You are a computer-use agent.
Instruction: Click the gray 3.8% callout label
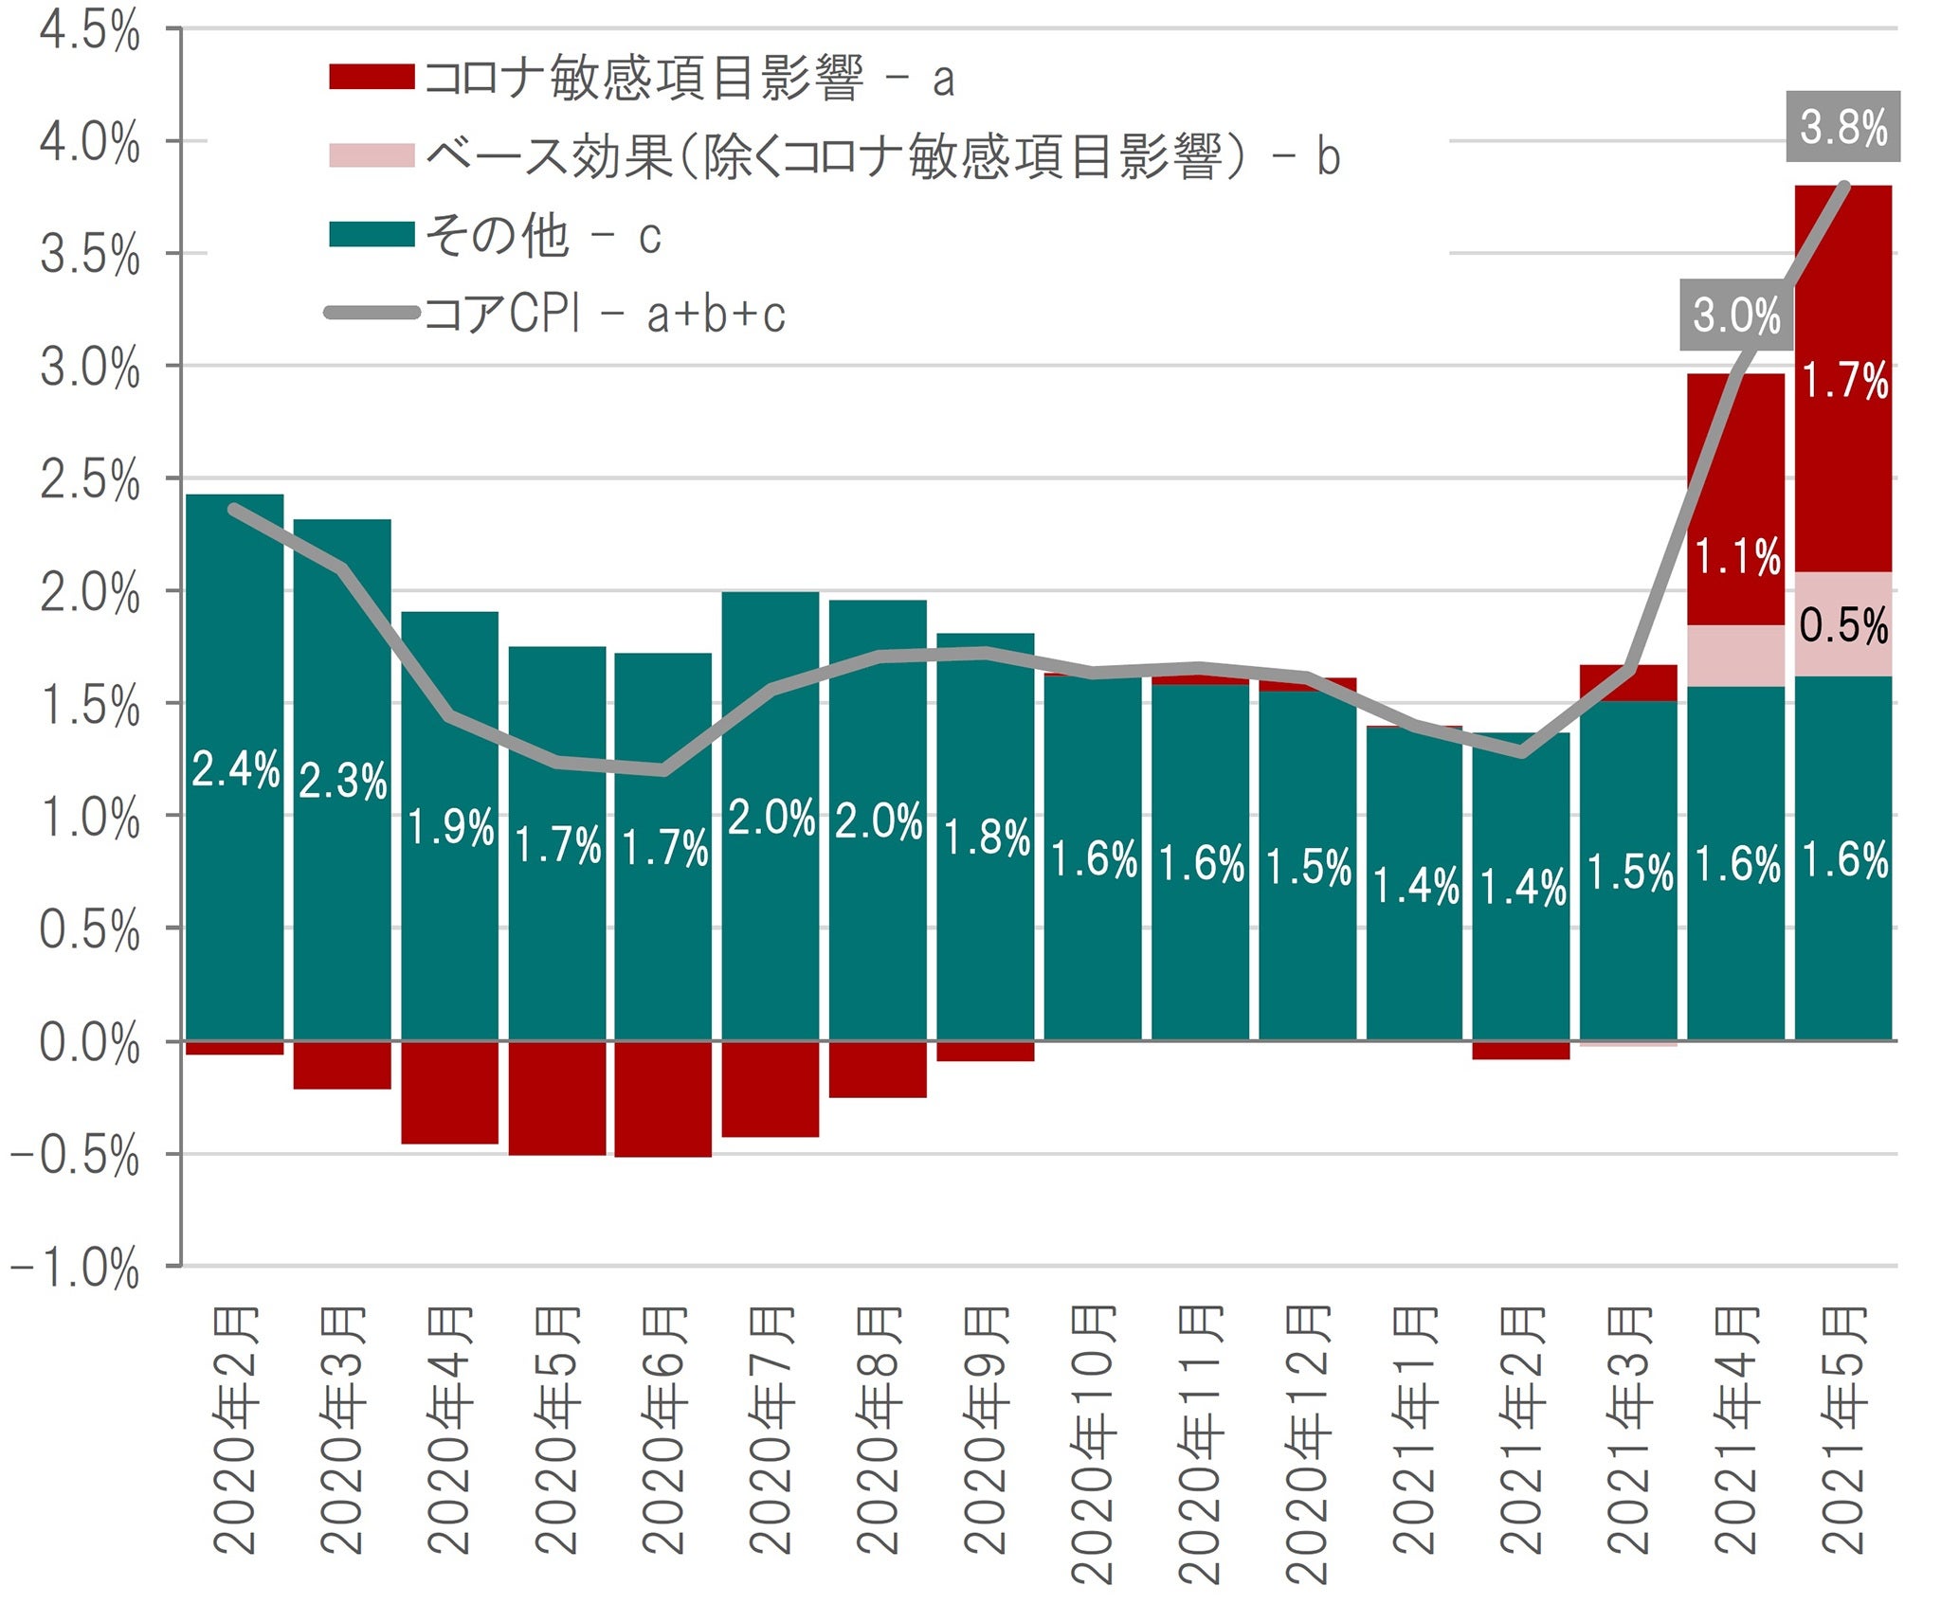click(1842, 127)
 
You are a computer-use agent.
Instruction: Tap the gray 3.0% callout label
click(1736, 315)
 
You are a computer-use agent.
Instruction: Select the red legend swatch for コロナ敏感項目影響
click(371, 77)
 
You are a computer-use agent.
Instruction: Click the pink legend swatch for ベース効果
click(371, 155)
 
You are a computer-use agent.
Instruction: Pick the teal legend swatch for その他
click(371, 234)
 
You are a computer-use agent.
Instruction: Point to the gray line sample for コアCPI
click(371, 313)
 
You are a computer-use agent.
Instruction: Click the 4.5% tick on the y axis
click(90, 31)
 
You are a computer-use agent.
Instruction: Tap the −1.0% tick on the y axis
click(76, 1268)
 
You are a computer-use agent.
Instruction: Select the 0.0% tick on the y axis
click(90, 1043)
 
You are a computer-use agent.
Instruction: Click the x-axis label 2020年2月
click(235, 1431)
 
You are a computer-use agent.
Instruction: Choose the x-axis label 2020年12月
click(1308, 1445)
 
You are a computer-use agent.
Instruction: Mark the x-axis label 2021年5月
click(1843, 1431)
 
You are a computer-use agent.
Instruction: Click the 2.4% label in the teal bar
click(235, 768)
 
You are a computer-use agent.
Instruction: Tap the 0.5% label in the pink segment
click(1843, 626)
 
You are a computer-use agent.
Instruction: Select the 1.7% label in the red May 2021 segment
click(1843, 381)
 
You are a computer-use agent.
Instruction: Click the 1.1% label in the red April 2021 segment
click(1736, 556)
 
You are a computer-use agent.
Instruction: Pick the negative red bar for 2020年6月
click(662, 1099)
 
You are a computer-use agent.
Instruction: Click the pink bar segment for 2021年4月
click(1735, 656)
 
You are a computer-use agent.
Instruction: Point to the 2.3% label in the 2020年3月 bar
click(342, 781)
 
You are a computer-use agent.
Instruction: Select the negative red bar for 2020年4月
click(449, 1092)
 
